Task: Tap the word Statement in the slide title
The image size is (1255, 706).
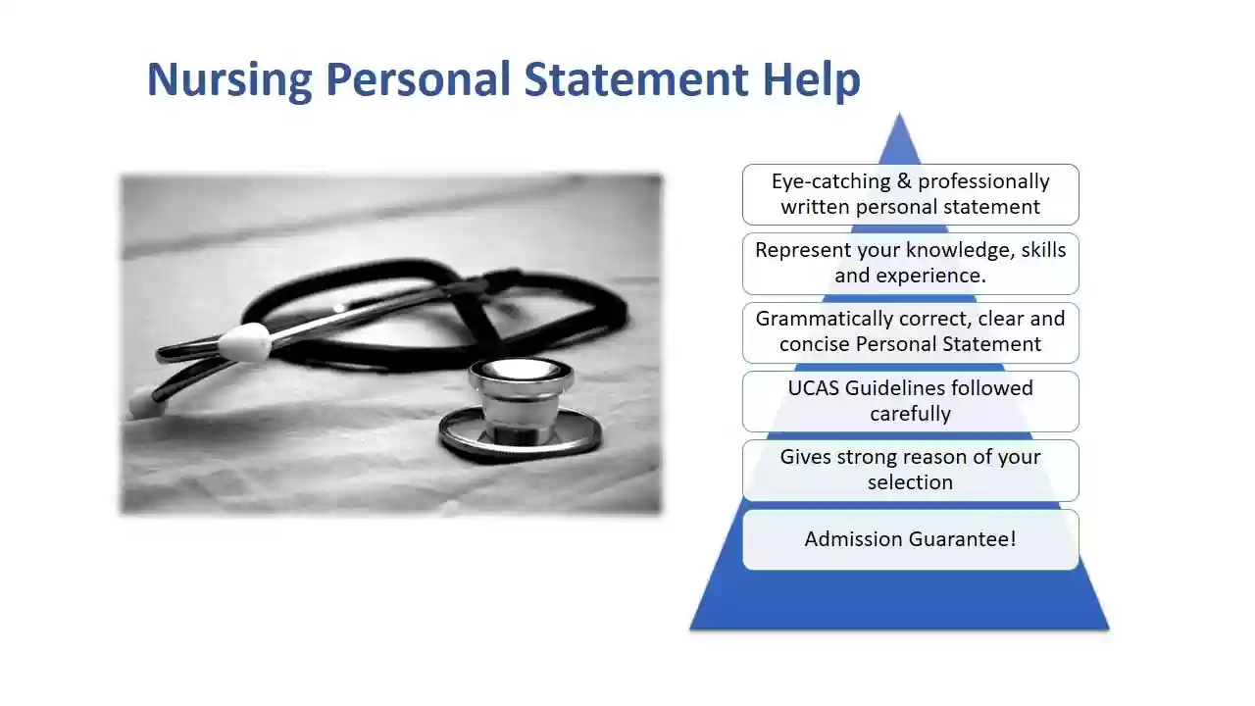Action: (636, 79)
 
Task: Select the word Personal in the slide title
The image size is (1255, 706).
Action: (418, 79)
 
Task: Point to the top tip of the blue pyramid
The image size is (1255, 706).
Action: (899, 113)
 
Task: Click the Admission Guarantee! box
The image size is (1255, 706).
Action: (911, 539)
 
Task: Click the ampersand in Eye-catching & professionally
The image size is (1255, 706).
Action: (904, 181)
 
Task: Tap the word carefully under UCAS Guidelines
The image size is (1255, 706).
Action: (911, 414)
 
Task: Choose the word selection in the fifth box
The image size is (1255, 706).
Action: (911, 482)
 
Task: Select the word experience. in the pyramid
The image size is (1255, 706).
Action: (930, 277)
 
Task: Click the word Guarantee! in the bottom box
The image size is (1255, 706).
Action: (962, 539)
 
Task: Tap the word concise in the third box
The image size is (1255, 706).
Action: (815, 344)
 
